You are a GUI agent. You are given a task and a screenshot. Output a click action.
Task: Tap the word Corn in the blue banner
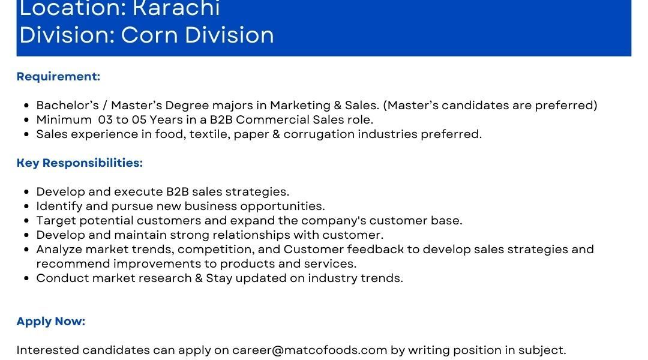(x=149, y=35)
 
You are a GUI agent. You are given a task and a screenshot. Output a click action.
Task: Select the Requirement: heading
(x=58, y=76)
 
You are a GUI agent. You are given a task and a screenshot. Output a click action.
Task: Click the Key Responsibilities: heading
(x=80, y=163)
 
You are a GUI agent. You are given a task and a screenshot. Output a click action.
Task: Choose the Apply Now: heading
(x=51, y=322)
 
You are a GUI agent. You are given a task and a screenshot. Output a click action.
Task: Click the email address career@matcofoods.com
(x=310, y=350)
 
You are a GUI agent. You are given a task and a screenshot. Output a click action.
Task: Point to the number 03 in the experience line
(x=106, y=120)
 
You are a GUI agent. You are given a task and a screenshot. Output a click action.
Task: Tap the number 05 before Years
(x=139, y=120)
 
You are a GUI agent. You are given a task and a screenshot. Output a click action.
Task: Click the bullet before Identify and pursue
(x=27, y=206)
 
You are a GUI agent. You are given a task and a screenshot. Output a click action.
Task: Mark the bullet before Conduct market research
(x=27, y=278)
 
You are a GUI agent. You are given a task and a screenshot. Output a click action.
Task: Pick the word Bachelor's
(x=68, y=106)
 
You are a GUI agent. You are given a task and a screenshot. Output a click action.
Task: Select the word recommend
(x=73, y=263)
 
